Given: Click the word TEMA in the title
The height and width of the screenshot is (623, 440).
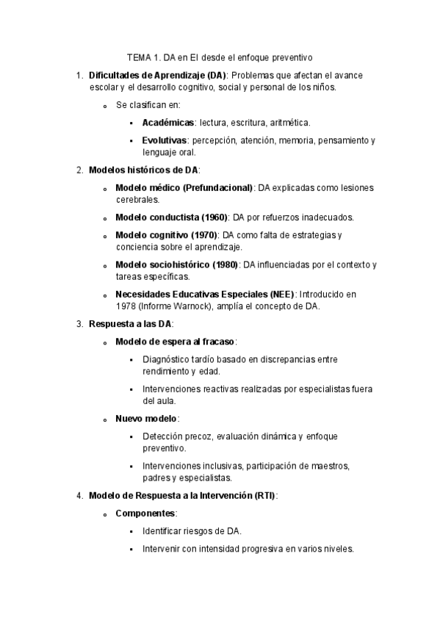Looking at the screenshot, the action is (x=139, y=56).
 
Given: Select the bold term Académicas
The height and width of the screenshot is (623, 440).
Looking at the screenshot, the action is (x=168, y=123).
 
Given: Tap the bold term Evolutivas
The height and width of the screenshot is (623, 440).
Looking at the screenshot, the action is (x=165, y=140).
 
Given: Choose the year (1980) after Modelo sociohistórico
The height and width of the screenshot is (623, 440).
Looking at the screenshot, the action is (x=224, y=264).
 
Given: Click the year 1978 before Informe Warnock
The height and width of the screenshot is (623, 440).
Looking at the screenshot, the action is (x=126, y=306).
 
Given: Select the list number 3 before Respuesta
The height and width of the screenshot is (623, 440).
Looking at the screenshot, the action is (x=79, y=323).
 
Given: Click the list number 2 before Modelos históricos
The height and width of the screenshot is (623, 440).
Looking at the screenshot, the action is (x=79, y=170).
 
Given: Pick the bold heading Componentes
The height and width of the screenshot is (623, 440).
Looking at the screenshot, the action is (x=145, y=513).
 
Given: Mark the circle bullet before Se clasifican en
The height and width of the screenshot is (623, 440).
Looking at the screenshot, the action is (x=107, y=106).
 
